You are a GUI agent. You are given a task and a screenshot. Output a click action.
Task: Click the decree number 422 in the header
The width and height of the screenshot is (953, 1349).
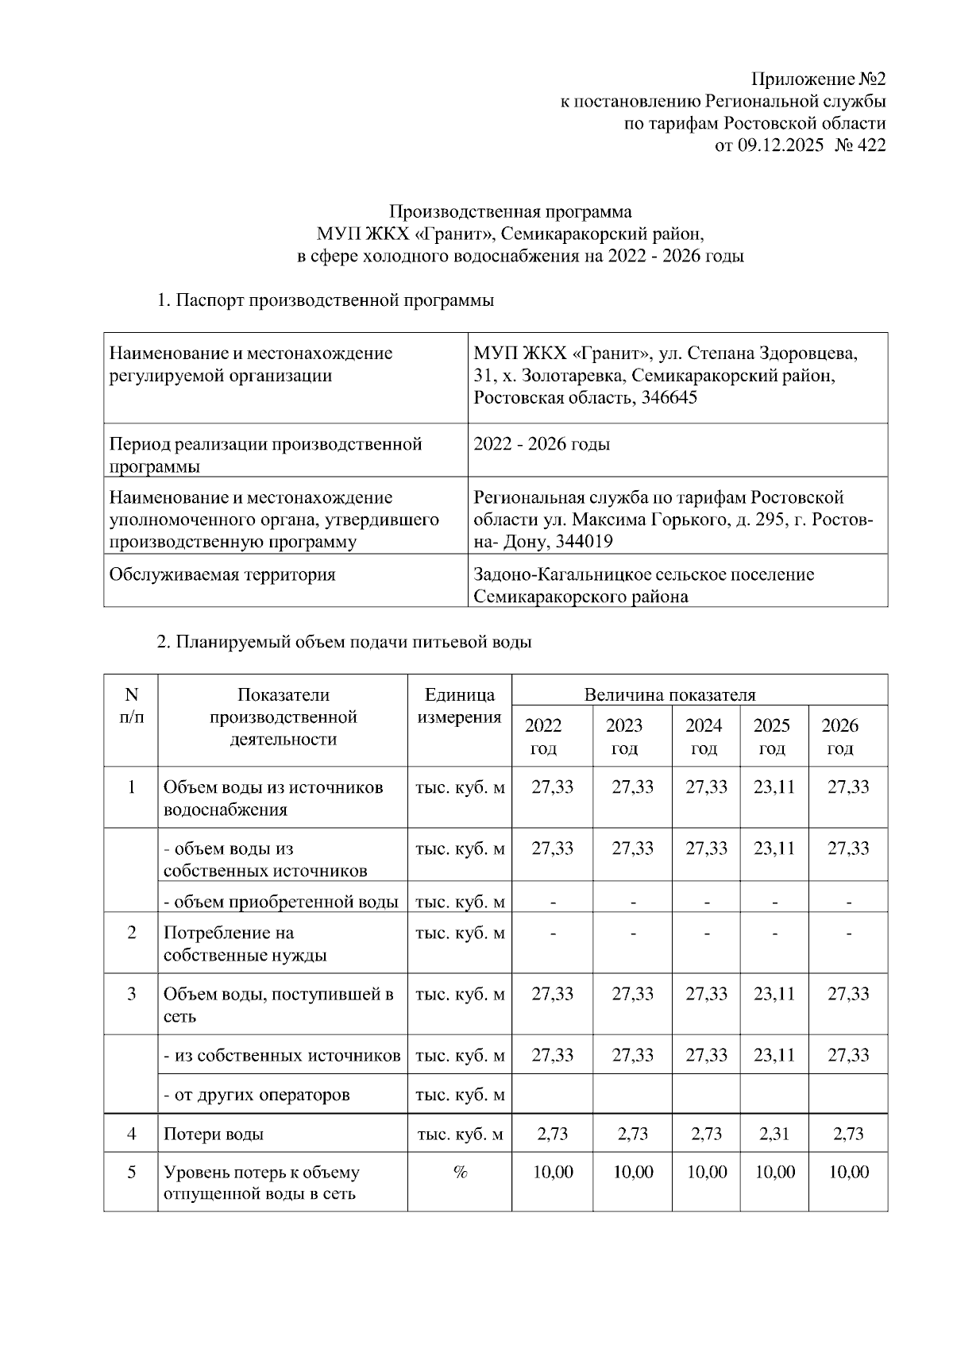870,145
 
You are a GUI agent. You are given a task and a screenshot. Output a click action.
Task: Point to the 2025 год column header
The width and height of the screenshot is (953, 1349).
772,736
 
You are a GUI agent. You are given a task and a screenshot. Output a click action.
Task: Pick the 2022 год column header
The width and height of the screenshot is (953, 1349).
543,736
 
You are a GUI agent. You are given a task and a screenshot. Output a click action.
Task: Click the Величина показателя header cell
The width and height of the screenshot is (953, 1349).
669,695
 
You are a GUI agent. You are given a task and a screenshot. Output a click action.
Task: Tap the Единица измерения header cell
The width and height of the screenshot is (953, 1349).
459,706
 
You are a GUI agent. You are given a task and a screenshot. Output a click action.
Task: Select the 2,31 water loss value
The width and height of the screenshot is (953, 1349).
774,1134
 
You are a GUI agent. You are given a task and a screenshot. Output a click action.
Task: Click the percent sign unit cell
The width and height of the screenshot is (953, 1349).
459,1173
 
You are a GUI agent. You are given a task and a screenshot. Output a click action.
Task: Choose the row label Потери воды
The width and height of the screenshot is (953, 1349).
214,1134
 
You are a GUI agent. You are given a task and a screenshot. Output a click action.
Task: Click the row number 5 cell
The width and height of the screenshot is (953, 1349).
131,1173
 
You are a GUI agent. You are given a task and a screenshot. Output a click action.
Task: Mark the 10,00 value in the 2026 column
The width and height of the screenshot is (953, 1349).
848,1173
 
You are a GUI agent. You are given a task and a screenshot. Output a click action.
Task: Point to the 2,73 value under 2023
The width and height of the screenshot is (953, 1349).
632,1134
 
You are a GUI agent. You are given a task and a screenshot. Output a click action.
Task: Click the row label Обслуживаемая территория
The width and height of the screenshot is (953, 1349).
222,574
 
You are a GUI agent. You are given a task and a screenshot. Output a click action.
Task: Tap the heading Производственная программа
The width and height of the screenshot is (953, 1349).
511,212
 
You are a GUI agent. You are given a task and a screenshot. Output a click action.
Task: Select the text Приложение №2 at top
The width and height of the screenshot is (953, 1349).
818,79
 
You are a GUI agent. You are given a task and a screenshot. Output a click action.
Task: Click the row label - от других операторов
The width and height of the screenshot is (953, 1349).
257,1096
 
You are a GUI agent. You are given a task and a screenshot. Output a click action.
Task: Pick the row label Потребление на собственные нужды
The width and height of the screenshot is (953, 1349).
245,944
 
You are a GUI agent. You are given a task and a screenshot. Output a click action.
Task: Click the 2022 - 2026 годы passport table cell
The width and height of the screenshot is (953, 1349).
542,444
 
